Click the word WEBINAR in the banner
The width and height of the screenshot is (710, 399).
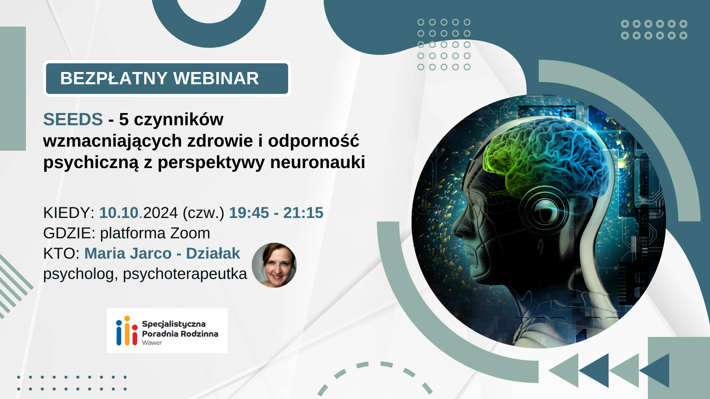[216, 78]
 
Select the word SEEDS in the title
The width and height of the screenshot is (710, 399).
[73, 119]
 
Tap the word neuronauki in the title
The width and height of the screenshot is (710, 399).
[318, 162]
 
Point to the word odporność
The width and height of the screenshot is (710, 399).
[314, 140]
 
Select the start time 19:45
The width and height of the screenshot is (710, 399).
[249, 213]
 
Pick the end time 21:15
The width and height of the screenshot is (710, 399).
[303, 213]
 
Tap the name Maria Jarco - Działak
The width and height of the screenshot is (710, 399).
[162, 253]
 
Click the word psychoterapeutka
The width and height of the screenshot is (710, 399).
[185, 274]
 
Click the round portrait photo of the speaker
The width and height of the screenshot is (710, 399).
[274, 265]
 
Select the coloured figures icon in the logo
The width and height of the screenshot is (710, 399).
[127, 331]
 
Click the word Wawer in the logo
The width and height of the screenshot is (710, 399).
[152, 343]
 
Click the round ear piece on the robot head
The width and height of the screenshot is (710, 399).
[545, 211]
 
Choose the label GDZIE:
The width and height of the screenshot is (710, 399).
[69, 233]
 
